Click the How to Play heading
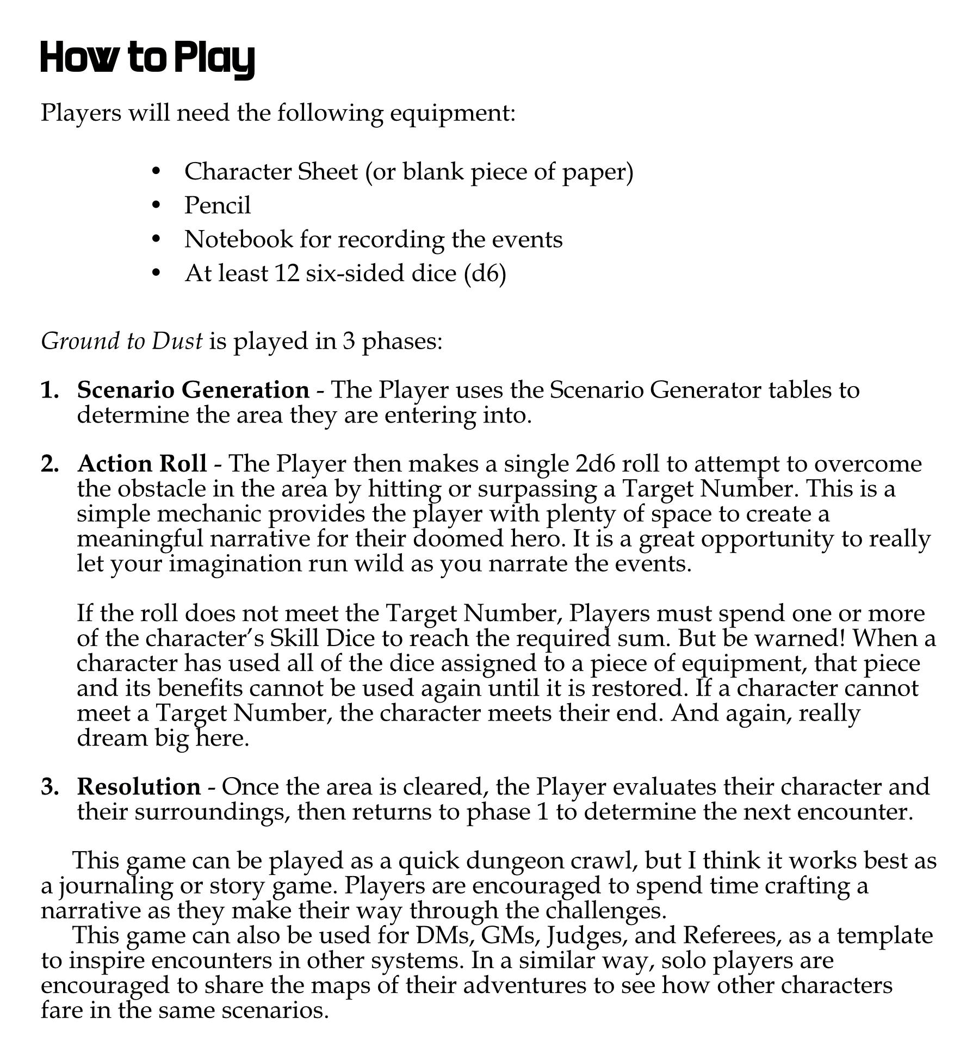[x=147, y=59]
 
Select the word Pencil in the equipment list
[x=218, y=206]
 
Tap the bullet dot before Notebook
[x=157, y=239]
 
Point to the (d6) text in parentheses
[x=485, y=273]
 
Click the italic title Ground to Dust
[x=122, y=341]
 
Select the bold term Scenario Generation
[x=193, y=390]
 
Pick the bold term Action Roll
[x=142, y=463]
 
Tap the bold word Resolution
[x=139, y=787]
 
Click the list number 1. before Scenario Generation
[x=50, y=390]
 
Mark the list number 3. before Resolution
[x=50, y=787]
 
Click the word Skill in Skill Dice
[x=294, y=638]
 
